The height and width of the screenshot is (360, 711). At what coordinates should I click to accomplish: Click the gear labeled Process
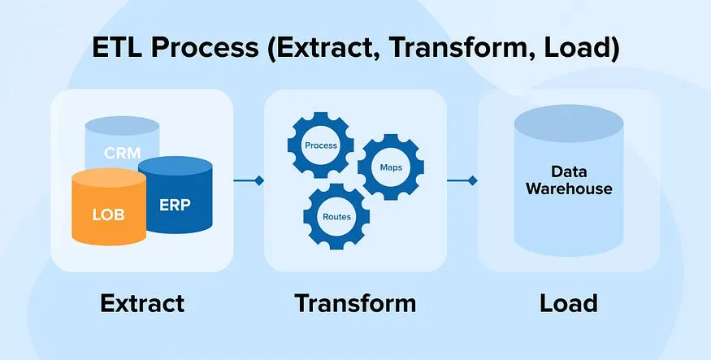click(x=320, y=145)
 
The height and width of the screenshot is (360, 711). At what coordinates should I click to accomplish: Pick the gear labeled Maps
click(x=391, y=168)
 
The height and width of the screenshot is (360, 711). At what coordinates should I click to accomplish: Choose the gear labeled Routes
click(x=336, y=217)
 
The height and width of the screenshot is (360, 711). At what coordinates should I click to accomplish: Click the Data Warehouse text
click(x=569, y=180)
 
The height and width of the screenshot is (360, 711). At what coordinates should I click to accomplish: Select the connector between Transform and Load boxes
click(x=462, y=180)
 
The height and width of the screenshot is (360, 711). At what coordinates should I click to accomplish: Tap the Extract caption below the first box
click(x=142, y=303)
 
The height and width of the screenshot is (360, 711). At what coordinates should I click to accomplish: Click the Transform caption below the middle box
click(x=355, y=303)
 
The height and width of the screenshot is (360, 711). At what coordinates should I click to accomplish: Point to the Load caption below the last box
click(x=568, y=303)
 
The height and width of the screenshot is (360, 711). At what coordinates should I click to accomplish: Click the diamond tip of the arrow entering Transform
click(x=259, y=180)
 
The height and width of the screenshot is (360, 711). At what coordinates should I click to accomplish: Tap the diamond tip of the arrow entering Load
click(x=473, y=180)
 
